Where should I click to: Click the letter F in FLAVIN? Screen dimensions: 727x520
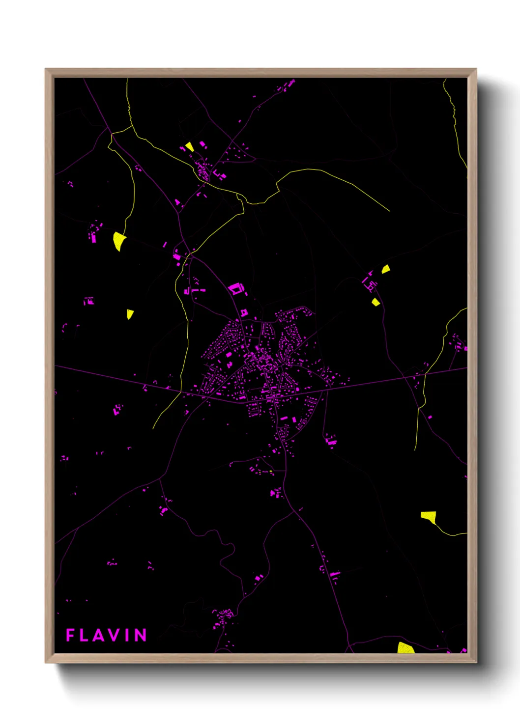tap(70, 635)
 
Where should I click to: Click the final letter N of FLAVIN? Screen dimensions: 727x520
tap(141, 635)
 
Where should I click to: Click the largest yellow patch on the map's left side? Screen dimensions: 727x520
tap(118, 240)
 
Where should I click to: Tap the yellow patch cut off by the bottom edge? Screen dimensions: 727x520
tap(405, 648)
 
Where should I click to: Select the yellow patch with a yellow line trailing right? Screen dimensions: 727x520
tap(429, 516)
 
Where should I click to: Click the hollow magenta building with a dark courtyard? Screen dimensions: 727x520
tap(235, 288)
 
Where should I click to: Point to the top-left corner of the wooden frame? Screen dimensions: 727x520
tap(46, 70)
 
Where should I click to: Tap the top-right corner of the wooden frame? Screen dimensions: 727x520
tap(476, 70)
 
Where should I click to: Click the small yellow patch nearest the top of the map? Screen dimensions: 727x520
tap(189, 146)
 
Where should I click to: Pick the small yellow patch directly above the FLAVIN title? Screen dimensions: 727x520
tap(130, 313)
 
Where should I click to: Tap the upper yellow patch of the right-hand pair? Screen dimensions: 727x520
tap(386, 269)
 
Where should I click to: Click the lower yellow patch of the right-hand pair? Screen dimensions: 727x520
tap(376, 302)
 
